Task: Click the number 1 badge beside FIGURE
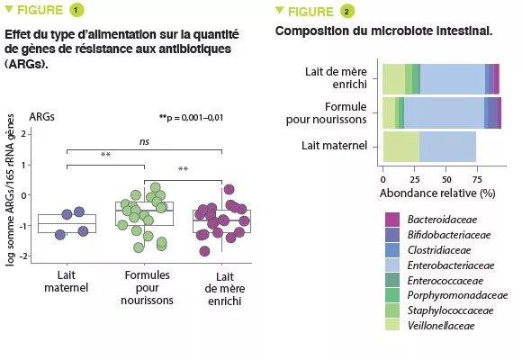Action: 77,12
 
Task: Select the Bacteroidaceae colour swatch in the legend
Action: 391,219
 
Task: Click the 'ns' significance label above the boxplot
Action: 144,140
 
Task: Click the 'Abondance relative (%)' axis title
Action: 438,193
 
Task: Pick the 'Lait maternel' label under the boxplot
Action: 67,282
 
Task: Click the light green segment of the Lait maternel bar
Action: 401,146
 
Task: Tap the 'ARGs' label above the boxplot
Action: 41,116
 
